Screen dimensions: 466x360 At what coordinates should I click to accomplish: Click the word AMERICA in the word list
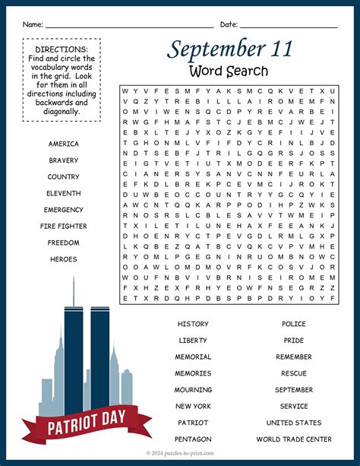(63, 144)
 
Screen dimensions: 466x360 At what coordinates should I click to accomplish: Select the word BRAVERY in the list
(63, 160)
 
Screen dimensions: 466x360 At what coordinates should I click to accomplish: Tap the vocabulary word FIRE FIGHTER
(63, 227)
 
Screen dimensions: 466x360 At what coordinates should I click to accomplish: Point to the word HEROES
(63, 259)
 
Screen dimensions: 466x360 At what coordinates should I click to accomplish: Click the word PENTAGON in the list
(193, 439)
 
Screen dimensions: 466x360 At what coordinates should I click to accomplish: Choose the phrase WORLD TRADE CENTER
(293, 439)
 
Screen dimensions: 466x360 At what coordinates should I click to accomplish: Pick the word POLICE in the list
(293, 324)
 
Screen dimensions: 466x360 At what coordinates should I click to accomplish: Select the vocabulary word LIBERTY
(193, 341)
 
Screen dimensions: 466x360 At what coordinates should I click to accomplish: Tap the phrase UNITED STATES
(293, 423)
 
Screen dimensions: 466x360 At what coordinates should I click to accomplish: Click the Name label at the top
(32, 24)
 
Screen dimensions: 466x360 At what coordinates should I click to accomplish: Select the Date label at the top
(229, 24)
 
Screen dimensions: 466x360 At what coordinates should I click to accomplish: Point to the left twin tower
(74, 357)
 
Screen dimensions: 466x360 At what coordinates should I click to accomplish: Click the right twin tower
(100, 357)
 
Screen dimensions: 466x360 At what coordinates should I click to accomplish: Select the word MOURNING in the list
(193, 390)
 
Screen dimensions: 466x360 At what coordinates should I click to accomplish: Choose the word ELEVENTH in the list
(63, 193)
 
